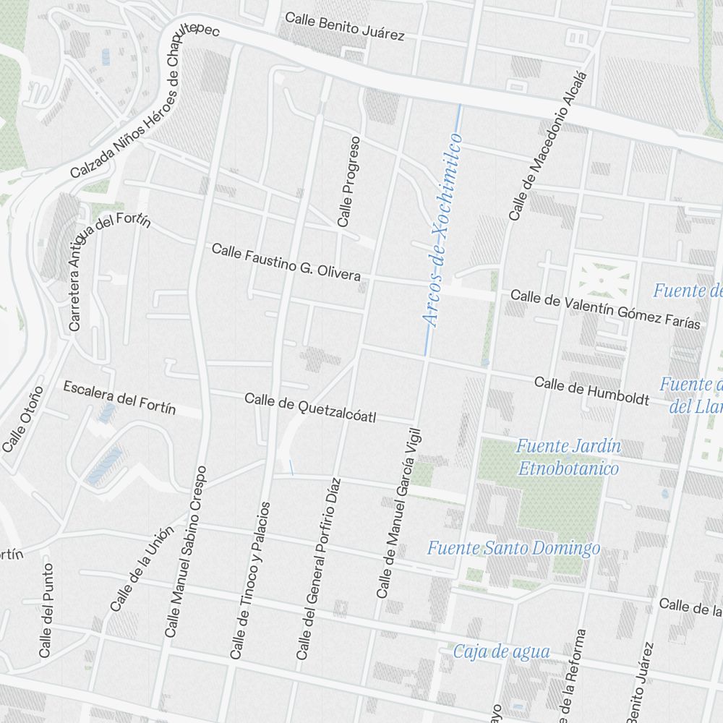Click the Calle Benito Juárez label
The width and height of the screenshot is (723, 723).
pyautogui.click(x=344, y=26)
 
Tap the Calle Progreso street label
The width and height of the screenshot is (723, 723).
pyautogui.click(x=348, y=181)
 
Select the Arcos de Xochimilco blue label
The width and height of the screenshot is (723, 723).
pyautogui.click(x=442, y=230)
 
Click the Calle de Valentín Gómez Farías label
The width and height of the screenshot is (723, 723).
pyautogui.click(x=605, y=309)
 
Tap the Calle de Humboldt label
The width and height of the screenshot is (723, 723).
pyautogui.click(x=591, y=390)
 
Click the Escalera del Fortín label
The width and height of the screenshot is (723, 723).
pyautogui.click(x=119, y=398)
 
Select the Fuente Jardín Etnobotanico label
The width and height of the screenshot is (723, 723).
pyautogui.click(x=568, y=458)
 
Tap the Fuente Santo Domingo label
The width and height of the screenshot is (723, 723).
pyautogui.click(x=513, y=548)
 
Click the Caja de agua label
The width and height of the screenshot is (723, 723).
pyautogui.click(x=501, y=651)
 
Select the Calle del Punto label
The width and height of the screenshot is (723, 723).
pyautogui.click(x=46, y=611)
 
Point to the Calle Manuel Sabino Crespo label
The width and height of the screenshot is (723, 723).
pyautogui.click(x=186, y=552)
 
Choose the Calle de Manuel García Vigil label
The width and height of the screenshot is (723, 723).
pyautogui.click(x=398, y=513)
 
